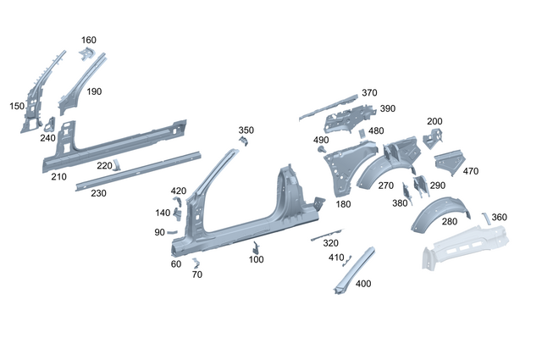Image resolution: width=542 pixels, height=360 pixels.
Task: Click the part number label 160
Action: tap(89, 40)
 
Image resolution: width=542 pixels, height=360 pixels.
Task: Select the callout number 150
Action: tap(17, 106)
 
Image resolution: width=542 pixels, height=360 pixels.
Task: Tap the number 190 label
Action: tap(93, 91)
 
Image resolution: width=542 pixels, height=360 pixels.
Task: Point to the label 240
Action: tap(47, 138)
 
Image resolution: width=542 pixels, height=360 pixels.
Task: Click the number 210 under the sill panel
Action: tap(58, 176)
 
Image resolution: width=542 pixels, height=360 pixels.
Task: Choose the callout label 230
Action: tap(98, 193)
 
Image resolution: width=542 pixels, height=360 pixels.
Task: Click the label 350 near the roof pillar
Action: tap(246, 130)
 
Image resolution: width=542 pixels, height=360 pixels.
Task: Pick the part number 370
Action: tap(369, 92)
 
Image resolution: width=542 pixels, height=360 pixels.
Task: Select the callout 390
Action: tap(387, 108)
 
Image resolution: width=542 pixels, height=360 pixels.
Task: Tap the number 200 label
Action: tap(434, 121)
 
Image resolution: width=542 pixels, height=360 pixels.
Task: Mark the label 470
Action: tap(471, 171)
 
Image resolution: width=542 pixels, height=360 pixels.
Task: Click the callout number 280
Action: tap(450, 221)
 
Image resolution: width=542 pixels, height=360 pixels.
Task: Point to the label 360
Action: tap(500, 218)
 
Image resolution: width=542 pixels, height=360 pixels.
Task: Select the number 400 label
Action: tap(363, 284)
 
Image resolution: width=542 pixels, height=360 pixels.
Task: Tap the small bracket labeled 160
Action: tap(86, 54)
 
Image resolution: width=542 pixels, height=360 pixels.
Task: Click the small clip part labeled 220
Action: tap(117, 163)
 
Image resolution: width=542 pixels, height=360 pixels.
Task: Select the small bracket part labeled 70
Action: tap(194, 262)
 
